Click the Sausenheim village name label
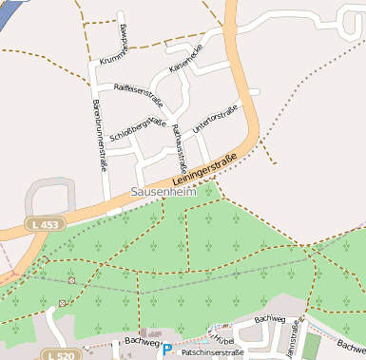(x=163, y=192)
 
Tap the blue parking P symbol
(x=167, y=351)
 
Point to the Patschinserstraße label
(x=212, y=352)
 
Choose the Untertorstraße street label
(x=214, y=118)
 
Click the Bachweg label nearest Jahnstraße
(x=270, y=319)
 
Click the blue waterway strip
(x=8, y=11)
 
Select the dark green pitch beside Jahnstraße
(x=312, y=345)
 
